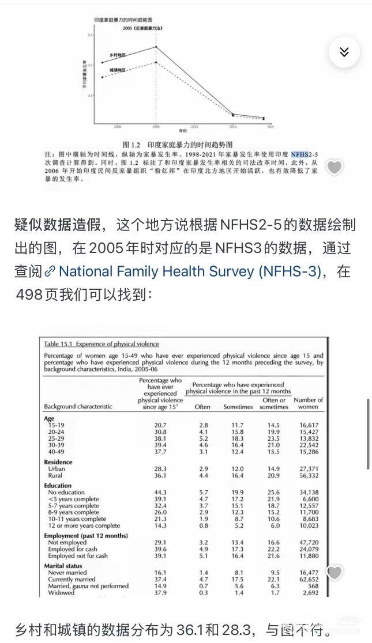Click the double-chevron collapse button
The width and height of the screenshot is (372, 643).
pyautogui.click(x=344, y=52)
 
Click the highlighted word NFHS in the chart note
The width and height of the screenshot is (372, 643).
pyautogui.click(x=300, y=154)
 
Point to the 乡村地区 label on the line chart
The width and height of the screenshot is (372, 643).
pyautogui.click(x=118, y=55)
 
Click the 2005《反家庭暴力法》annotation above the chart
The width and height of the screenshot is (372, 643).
pyautogui.click(x=141, y=28)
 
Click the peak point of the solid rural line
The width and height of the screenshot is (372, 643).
pyautogui.click(x=156, y=47)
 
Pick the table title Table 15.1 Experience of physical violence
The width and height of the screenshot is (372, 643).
pyautogui.click(x=102, y=344)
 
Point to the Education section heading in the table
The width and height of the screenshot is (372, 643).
pyautogui.click(x=58, y=486)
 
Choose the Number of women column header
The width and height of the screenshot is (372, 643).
pyautogui.click(x=308, y=403)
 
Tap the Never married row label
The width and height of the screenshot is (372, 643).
pyautogui.click(x=68, y=572)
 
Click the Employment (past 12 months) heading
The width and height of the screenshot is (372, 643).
pyautogui.click(x=86, y=536)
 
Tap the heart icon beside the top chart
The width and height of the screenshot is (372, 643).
pyautogui.click(x=335, y=167)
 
